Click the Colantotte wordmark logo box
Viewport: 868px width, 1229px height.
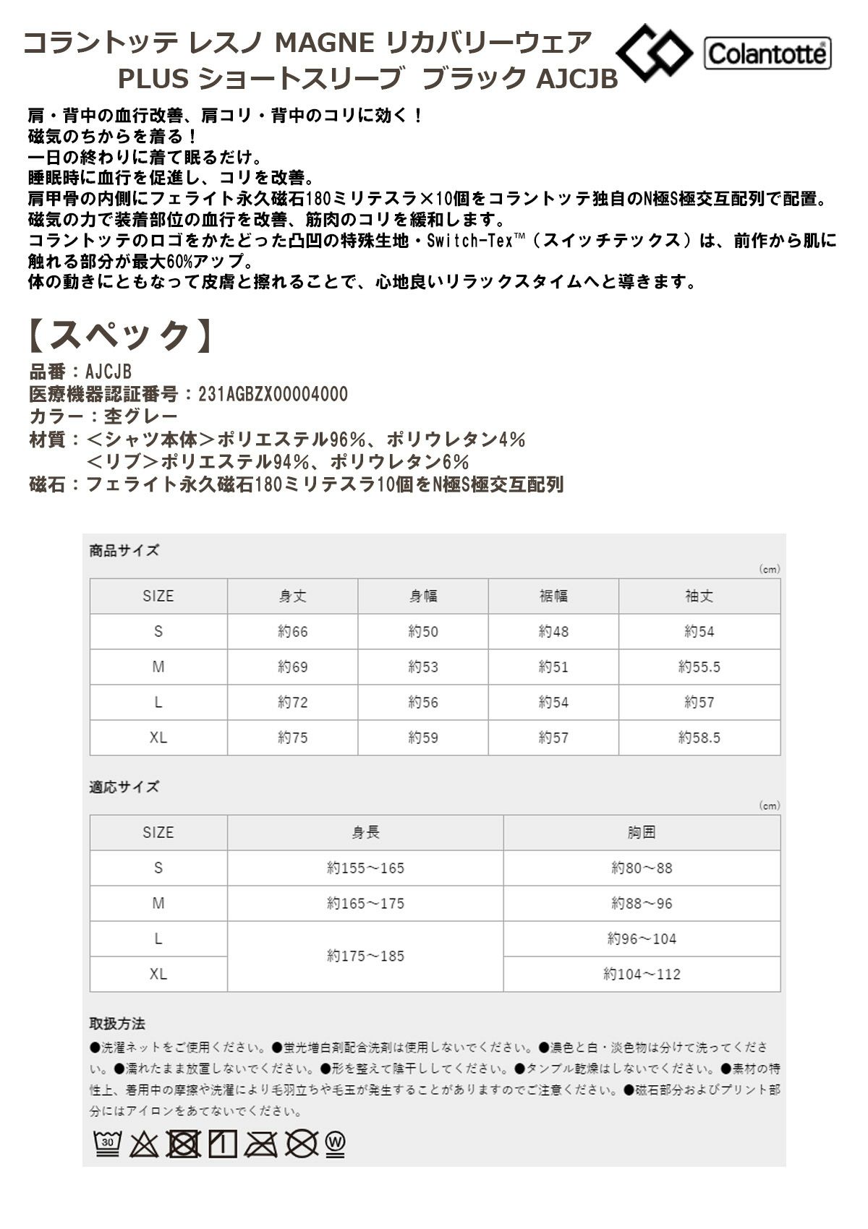click(767, 53)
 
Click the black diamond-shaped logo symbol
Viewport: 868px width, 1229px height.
click(654, 52)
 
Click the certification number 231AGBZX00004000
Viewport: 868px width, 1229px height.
click(273, 395)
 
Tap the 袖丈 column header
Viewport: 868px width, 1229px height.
click(699, 596)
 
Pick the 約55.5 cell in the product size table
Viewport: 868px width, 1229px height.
click(699, 667)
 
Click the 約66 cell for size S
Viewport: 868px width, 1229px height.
click(292, 632)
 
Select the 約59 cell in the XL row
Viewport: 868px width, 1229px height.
click(423, 738)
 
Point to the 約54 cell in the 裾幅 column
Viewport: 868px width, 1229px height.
click(553, 703)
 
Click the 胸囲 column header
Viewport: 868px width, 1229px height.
click(641, 833)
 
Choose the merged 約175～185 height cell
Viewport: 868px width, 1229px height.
click(365, 956)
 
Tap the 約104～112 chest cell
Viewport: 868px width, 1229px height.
click(642, 975)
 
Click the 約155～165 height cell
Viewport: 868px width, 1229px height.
click(365, 868)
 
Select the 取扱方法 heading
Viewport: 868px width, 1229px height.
click(117, 1024)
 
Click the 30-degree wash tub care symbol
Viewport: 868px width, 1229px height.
click(107, 1143)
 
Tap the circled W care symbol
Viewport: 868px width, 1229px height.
click(336, 1143)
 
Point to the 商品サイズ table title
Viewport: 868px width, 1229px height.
click(124, 551)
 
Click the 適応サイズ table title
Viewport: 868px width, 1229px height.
click(124, 787)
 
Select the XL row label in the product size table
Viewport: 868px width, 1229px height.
click(158, 738)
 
